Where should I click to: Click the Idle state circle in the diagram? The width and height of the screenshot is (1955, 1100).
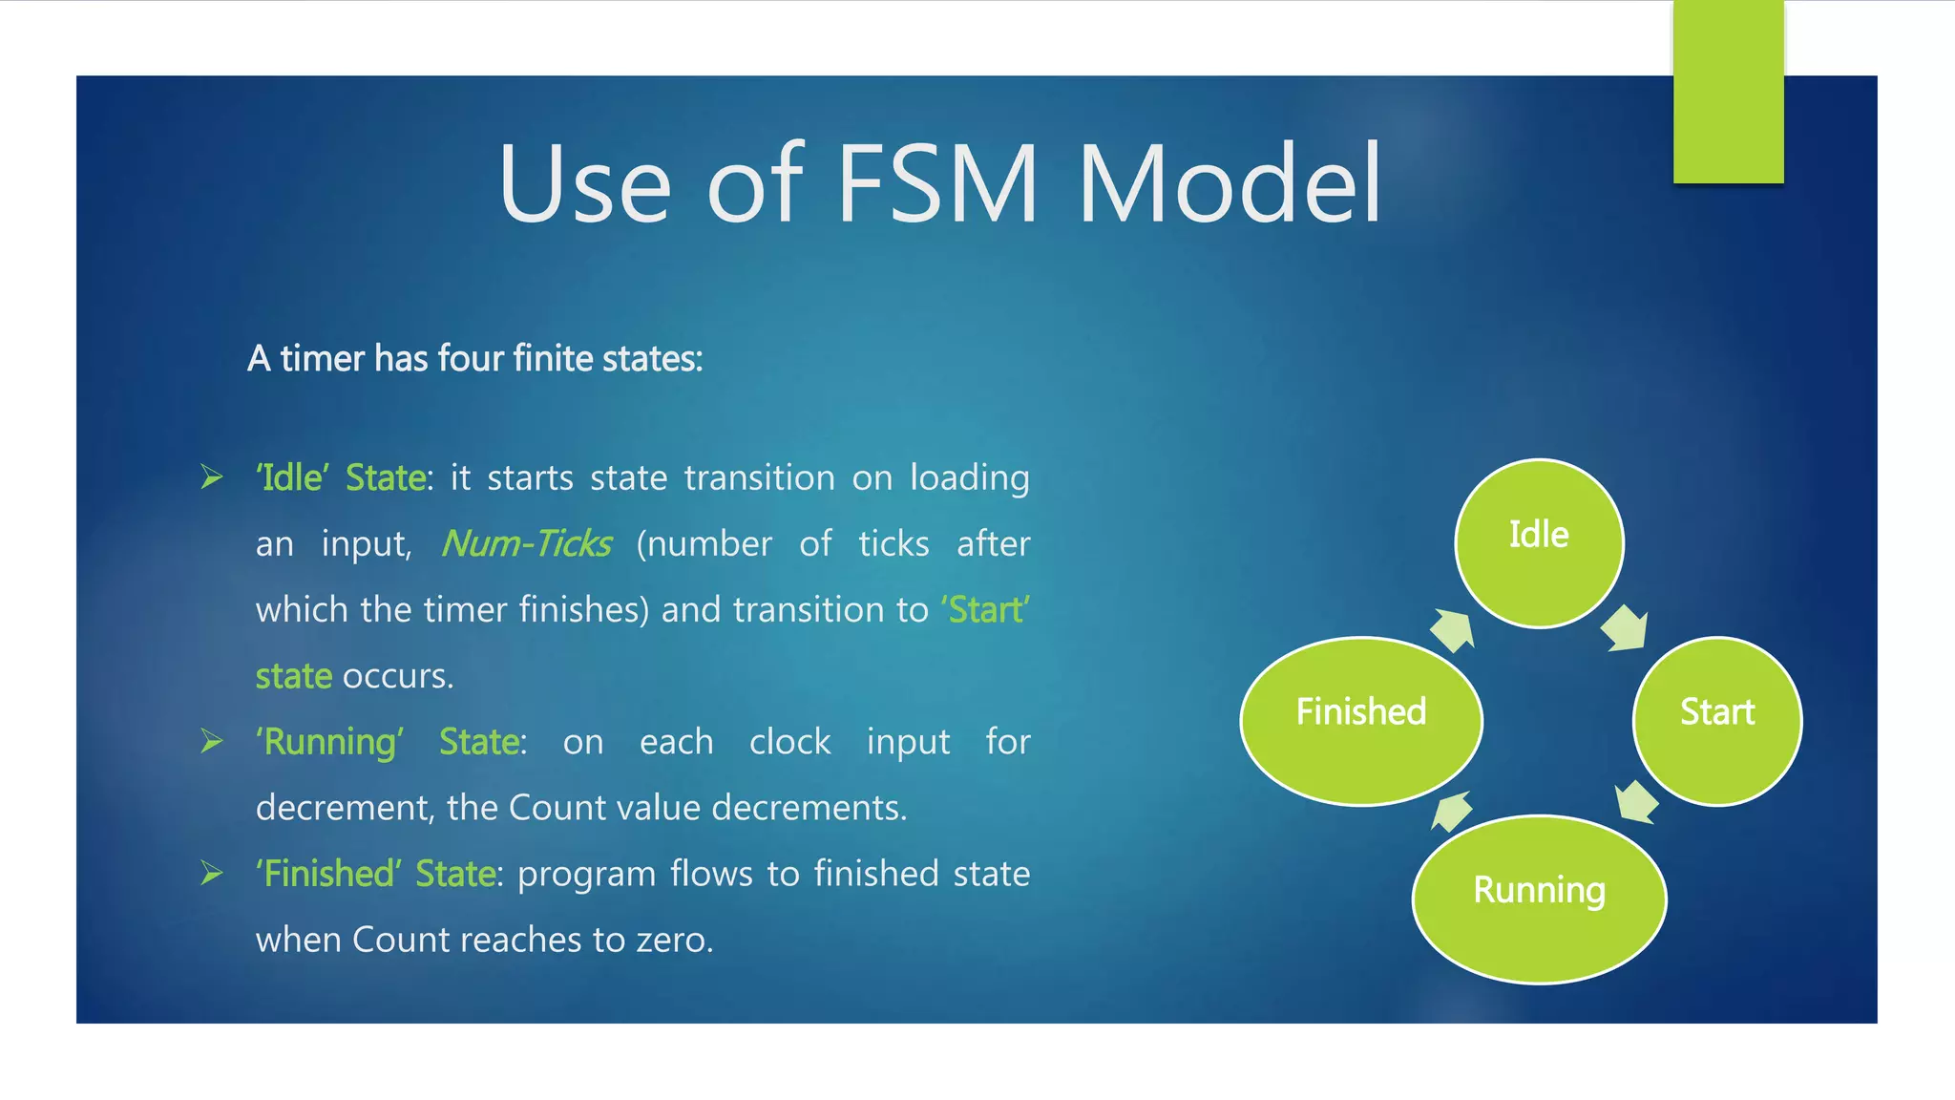(1539, 542)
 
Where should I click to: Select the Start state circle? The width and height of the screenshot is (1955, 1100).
(1716, 721)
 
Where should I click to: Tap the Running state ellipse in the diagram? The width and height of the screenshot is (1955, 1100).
(1539, 899)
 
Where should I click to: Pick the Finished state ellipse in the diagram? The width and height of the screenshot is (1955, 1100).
(1361, 721)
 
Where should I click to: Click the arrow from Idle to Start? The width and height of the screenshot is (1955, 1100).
(1624, 628)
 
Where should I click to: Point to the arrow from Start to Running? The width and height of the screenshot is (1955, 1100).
(1637, 801)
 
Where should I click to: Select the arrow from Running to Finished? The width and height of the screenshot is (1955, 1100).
(1452, 812)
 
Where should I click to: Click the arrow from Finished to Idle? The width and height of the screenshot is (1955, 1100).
(1452, 630)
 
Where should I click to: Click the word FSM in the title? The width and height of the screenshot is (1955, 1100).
(937, 183)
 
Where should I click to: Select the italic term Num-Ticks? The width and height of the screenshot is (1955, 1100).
(526, 543)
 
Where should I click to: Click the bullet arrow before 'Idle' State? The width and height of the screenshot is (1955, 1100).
(212, 476)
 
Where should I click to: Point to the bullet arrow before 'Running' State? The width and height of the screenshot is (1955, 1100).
(212, 741)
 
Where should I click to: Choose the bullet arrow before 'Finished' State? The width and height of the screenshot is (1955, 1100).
(212, 873)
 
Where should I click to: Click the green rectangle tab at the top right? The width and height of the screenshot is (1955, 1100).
(1728, 92)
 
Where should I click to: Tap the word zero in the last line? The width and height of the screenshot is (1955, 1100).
(674, 940)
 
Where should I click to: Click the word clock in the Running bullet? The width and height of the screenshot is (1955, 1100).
(789, 742)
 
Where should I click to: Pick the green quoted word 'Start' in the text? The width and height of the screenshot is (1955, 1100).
(985, 609)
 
